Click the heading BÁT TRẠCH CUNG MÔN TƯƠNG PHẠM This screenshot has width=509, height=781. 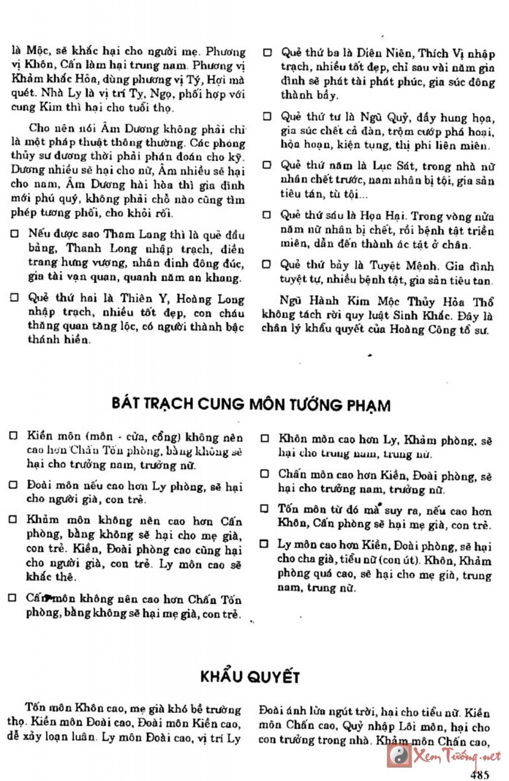coord(252,405)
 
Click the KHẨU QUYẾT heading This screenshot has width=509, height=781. coord(250,676)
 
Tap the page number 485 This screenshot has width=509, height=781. coord(480,774)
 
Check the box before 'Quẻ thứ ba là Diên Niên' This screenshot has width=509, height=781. coord(268,54)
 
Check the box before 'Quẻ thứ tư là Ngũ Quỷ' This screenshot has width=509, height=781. coord(268,116)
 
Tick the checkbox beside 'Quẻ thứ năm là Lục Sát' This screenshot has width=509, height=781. coord(268,165)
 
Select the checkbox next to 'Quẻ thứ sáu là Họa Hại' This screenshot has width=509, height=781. coord(268,215)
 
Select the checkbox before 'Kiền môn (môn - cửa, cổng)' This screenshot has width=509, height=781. coord(13,435)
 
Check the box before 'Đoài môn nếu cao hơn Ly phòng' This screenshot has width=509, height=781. coord(13,485)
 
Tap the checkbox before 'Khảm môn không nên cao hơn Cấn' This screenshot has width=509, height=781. coord(13,520)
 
